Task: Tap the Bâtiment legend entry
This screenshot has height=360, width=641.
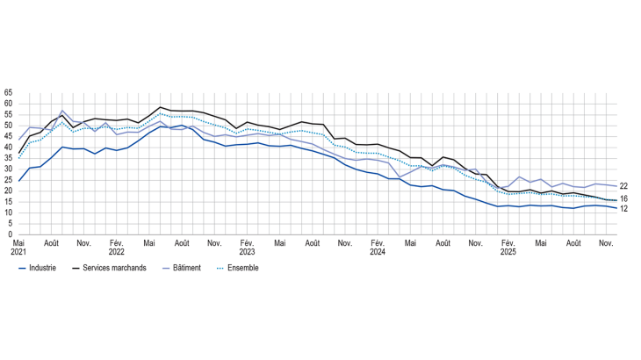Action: click(x=187, y=268)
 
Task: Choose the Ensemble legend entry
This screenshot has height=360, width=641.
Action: click(x=241, y=268)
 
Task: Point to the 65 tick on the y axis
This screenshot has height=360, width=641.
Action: click(x=9, y=92)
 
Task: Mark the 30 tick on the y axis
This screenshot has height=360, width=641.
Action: click(x=9, y=169)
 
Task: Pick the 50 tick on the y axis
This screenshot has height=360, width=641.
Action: click(x=9, y=126)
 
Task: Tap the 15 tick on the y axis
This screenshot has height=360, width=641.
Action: click(x=9, y=202)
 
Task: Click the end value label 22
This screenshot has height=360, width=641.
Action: click(x=623, y=186)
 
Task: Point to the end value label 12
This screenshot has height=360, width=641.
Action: click(x=623, y=209)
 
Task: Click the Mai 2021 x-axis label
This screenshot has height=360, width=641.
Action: click(x=19, y=247)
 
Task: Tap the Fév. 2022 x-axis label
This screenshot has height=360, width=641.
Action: click(x=116, y=247)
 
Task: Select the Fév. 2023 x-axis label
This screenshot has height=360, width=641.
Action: click(x=247, y=247)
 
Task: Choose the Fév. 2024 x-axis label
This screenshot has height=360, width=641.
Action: click(x=378, y=247)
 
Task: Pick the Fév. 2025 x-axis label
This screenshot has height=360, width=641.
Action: click(x=508, y=247)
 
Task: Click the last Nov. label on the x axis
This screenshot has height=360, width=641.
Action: click(x=606, y=241)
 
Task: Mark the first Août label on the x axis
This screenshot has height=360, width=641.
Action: click(x=51, y=241)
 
